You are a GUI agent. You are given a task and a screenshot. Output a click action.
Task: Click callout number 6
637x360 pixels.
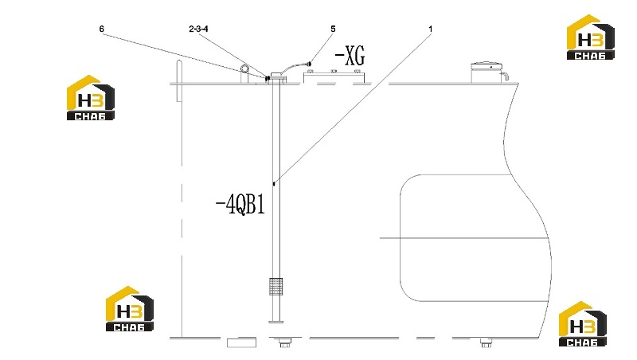(x=102, y=29)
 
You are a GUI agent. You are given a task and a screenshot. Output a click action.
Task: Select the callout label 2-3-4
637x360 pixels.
(x=198, y=29)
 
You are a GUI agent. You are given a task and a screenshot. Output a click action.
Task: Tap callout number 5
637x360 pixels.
(x=333, y=29)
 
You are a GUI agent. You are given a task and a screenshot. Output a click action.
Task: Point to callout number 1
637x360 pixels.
(x=431, y=29)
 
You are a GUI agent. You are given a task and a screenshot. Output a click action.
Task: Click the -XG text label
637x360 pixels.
(x=350, y=56)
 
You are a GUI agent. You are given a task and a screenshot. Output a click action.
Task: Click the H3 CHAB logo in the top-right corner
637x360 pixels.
(x=591, y=37)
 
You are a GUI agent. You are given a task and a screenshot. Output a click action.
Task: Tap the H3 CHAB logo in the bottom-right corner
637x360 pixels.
(x=583, y=324)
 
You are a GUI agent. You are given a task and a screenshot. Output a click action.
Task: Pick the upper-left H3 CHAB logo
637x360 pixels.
(x=91, y=97)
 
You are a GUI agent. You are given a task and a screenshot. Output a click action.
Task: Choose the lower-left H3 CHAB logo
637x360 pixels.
(x=130, y=309)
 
